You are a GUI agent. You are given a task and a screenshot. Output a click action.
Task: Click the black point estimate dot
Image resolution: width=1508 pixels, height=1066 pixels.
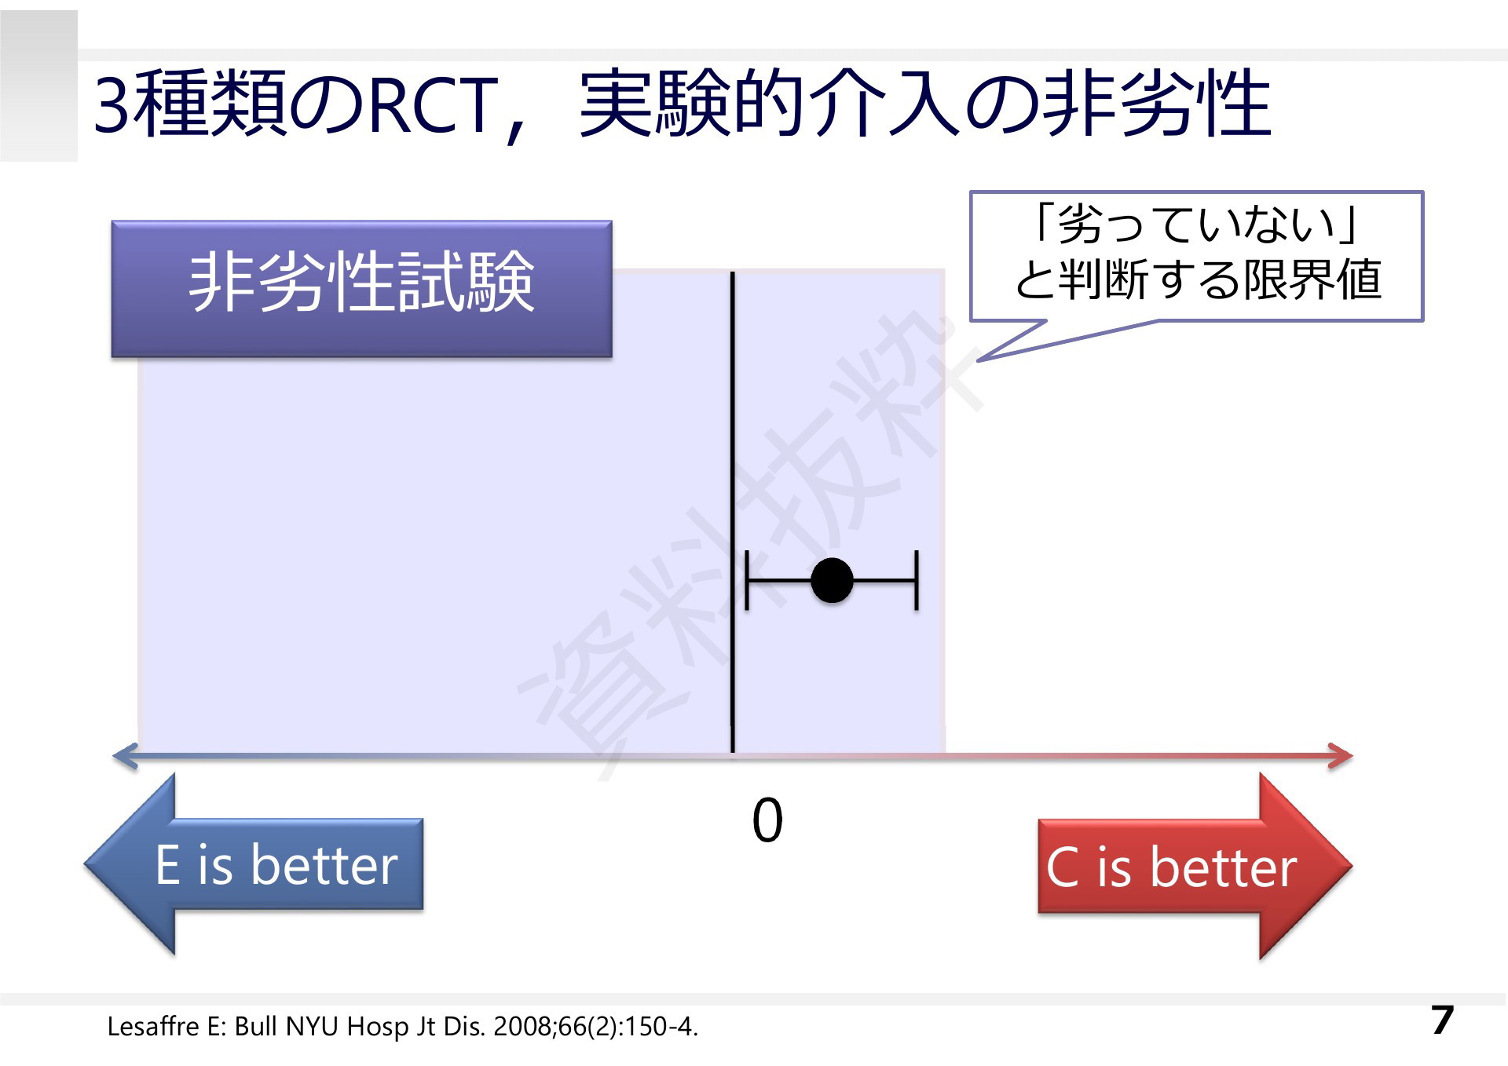(832, 581)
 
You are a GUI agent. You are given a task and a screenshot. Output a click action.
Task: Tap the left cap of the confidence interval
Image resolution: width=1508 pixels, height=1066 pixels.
(746, 581)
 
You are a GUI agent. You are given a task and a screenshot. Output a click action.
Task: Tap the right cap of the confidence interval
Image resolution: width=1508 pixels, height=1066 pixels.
(916, 581)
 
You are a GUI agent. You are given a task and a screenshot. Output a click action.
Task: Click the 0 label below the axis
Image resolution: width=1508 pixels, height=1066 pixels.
(767, 821)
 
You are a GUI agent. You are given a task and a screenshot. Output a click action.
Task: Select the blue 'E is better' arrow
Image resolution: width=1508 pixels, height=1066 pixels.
(254, 864)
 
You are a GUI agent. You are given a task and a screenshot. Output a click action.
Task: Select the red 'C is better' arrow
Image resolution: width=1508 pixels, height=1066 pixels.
(1195, 866)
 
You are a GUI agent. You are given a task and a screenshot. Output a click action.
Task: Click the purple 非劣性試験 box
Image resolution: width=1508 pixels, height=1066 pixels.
(361, 289)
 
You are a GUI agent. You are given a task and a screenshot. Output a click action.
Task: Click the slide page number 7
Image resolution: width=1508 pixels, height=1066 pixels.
(1442, 1020)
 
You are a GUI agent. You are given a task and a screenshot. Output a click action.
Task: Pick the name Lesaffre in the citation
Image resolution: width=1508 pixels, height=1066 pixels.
(153, 1026)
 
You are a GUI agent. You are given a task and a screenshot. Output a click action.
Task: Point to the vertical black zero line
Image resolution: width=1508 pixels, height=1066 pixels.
(733, 512)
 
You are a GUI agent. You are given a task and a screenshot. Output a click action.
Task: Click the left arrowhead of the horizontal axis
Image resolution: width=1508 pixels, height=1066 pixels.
(126, 756)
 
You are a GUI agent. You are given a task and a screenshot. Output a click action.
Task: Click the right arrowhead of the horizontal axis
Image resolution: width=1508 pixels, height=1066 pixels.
(1341, 756)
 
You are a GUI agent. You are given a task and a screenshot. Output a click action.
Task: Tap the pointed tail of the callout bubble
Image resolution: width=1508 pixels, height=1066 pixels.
(979, 360)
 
